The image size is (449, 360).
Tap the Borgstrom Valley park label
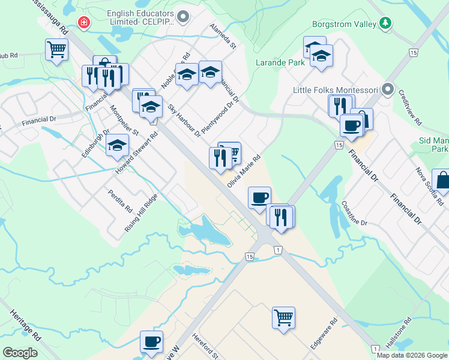344,25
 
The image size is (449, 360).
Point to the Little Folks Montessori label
335,91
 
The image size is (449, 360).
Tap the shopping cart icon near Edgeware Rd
283,316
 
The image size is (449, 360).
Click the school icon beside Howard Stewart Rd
117,145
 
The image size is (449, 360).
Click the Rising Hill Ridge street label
141,214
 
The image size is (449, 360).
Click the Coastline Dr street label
354,214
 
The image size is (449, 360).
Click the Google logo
20,353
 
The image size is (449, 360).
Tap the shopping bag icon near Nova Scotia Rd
442,180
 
